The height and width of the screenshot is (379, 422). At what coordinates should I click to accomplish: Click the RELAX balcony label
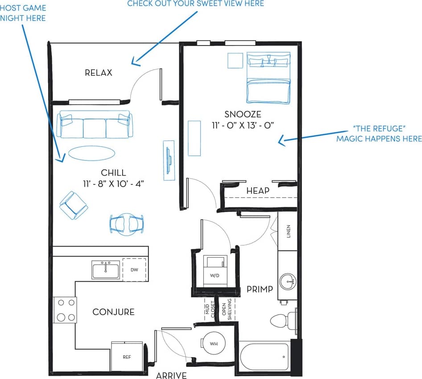click(99, 73)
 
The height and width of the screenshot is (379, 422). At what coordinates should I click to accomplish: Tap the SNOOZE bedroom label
click(243, 115)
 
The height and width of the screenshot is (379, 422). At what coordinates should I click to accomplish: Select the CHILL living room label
click(113, 173)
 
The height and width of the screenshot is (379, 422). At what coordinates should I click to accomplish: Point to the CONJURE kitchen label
click(113, 312)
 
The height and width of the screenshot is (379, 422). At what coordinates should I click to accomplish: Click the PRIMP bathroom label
click(260, 289)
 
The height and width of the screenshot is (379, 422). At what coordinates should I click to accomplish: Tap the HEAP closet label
click(258, 191)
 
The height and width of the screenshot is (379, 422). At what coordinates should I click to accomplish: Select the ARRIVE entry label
click(171, 375)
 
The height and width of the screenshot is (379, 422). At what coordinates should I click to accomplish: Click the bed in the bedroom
click(268, 78)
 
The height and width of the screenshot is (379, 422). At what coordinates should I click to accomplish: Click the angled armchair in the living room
click(74, 205)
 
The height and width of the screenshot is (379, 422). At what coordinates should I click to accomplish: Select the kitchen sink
click(106, 270)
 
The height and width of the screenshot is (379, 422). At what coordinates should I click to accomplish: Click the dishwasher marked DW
click(134, 270)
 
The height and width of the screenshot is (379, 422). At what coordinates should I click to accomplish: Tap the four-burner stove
click(65, 310)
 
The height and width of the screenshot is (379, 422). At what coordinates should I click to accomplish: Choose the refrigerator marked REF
click(127, 357)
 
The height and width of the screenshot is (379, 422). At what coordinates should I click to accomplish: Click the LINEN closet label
click(288, 231)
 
